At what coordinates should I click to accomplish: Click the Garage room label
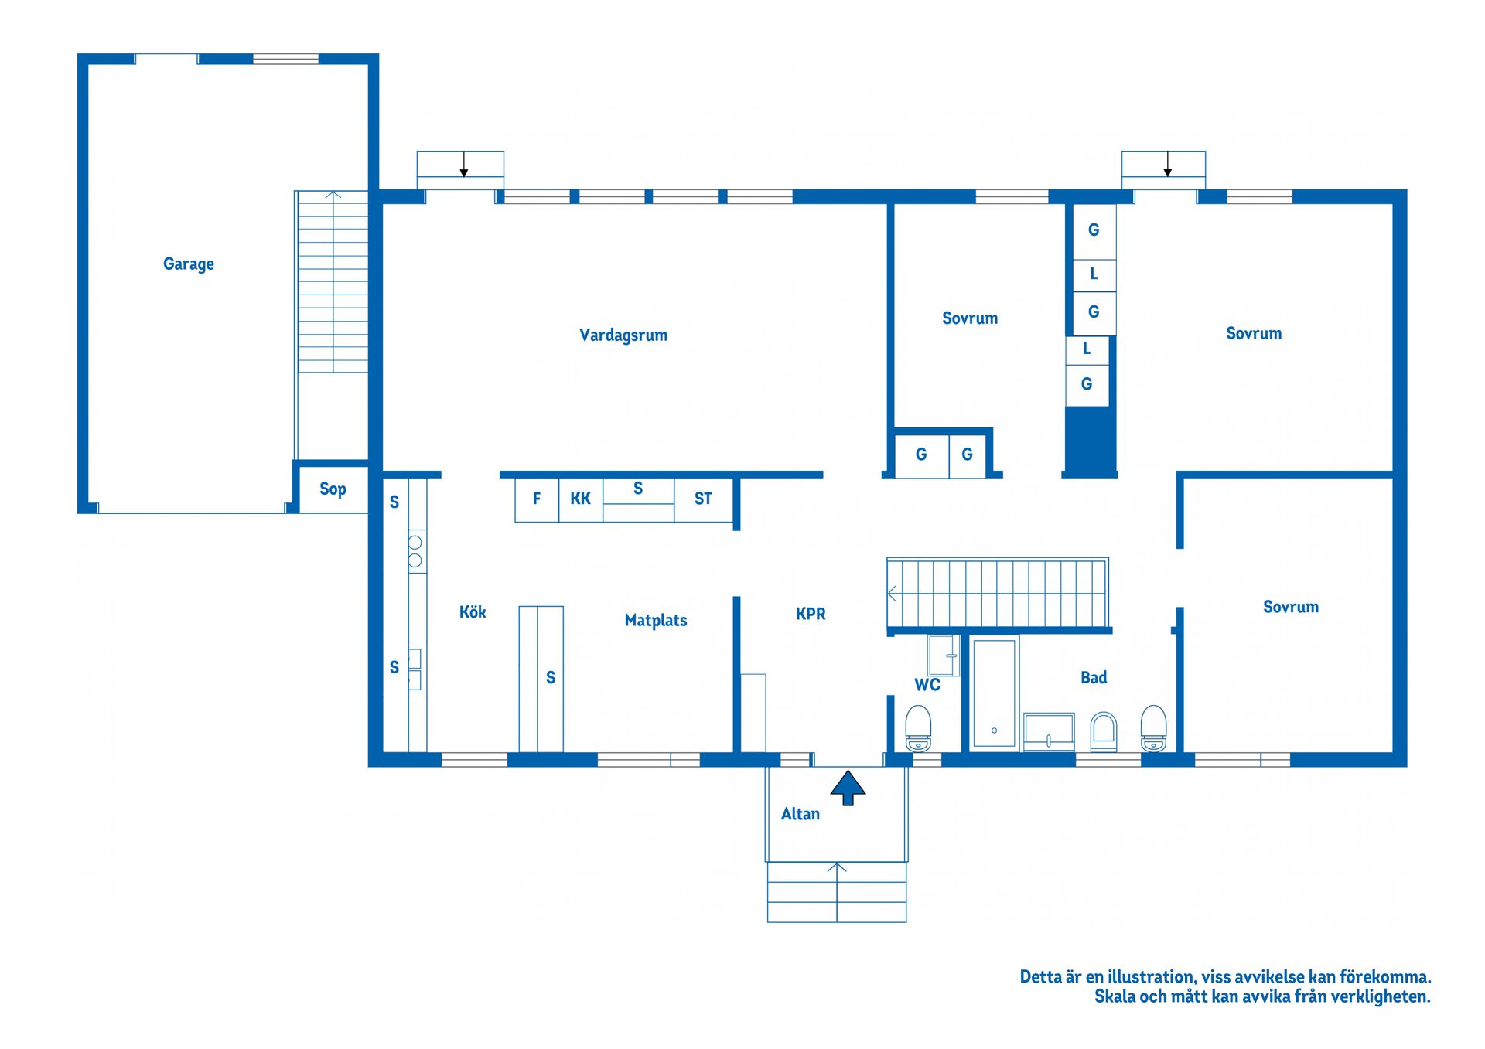(x=188, y=264)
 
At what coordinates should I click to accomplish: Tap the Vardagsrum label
(x=623, y=335)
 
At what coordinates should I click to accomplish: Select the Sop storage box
(x=333, y=489)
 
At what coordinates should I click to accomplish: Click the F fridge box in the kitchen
(x=537, y=499)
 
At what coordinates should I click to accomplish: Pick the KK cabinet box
(x=580, y=499)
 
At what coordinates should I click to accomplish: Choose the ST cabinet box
(x=703, y=499)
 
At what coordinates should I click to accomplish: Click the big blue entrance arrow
(x=848, y=787)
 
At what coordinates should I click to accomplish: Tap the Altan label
(x=800, y=814)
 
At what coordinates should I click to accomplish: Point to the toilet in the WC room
(x=918, y=727)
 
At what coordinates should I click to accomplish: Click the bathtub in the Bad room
(x=994, y=693)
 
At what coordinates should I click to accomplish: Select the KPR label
(x=811, y=614)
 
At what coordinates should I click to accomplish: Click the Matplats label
(x=655, y=620)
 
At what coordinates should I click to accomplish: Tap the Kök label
(x=473, y=612)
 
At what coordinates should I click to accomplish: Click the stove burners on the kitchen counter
(x=415, y=551)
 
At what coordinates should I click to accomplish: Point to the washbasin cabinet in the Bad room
(x=1049, y=731)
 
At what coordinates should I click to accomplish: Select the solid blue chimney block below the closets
(x=1090, y=439)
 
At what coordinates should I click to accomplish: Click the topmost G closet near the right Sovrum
(x=1094, y=230)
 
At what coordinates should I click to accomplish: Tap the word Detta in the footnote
(x=1040, y=977)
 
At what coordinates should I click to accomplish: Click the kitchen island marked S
(x=541, y=679)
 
